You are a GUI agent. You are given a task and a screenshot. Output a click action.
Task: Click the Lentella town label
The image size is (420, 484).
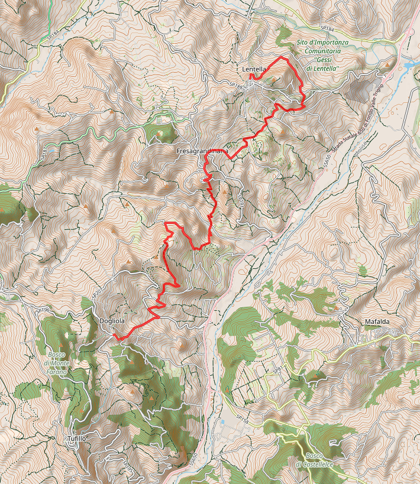254,69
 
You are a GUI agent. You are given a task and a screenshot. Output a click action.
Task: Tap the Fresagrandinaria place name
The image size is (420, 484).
202,152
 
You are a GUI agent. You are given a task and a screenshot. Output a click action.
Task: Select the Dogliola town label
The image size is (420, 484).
112,321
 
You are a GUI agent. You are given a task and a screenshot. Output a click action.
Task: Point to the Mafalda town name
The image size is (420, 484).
377,322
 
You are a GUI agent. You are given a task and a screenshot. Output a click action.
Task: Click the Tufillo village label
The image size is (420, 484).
76,438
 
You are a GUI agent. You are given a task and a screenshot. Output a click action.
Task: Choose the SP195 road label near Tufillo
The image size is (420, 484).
125,467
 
